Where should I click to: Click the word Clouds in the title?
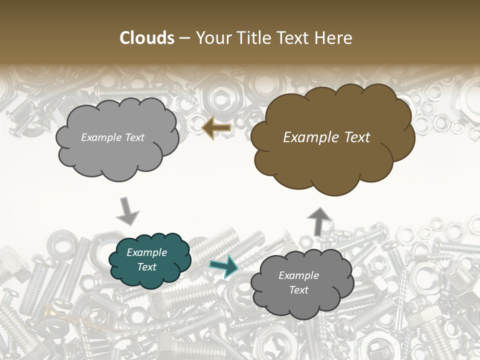(x=147, y=38)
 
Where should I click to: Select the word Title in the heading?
(x=250, y=38)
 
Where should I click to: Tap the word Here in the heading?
(x=334, y=38)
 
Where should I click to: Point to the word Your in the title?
(x=213, y=38)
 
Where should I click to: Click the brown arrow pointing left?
(x=216, y=128)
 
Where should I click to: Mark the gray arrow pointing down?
(x=127, y=211)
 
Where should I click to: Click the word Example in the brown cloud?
(x=307, y=137)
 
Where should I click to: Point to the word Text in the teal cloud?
(x=147, y=267)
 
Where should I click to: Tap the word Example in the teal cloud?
(x=147, y=252)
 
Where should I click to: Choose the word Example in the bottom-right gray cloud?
(x=299, y=275)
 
